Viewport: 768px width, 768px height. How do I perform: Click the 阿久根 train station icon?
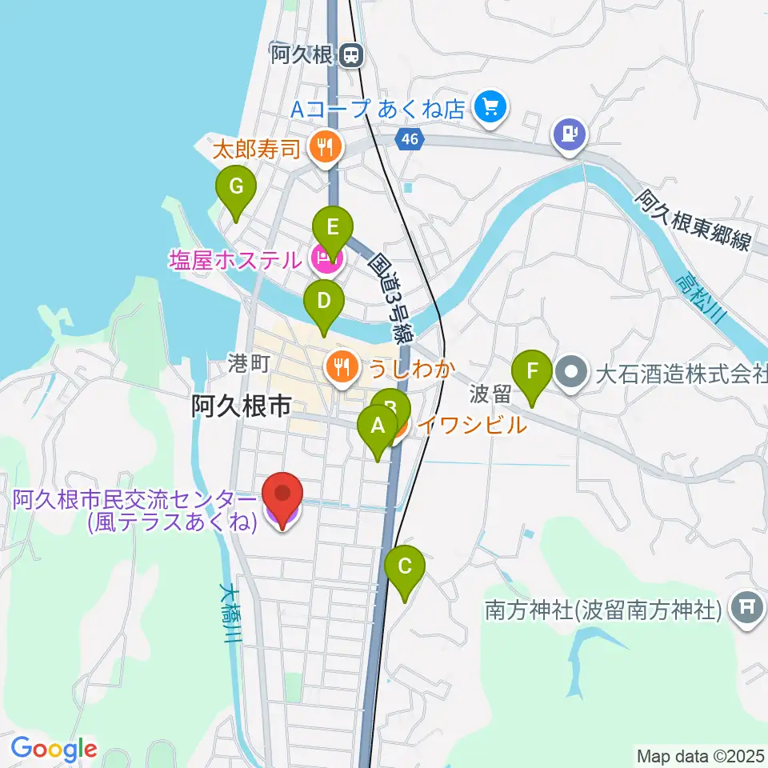click(350, 55)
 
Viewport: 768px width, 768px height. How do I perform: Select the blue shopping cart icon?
click(490, 107)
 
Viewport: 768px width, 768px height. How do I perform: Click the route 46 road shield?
click(410, 139)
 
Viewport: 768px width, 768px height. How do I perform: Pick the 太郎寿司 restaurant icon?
click(325, 146)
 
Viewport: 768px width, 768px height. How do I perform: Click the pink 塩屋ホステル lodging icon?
click(324, 258)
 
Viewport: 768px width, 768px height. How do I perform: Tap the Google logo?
click(54, 750)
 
